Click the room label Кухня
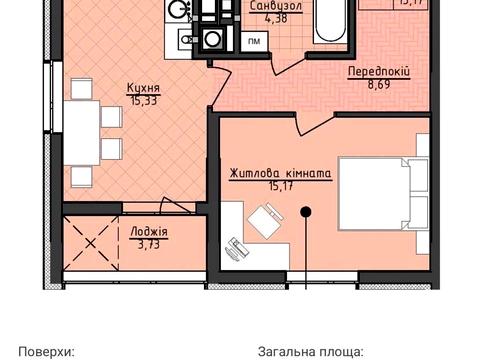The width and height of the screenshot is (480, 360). pyautogui.click(x=144, y=89)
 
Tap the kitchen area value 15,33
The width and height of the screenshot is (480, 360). pyautogui.click(x=144, y=100)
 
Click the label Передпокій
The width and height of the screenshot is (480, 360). pyautogui.click(x=379, y=72)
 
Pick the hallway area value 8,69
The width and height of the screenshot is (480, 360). pyautogui.click(x=379, y=87)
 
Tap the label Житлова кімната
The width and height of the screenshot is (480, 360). pyautogui.click(x=281, y=172)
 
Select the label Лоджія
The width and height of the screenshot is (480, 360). pyautogui.click(x=149, y=232)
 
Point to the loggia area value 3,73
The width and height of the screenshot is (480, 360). pyautogui.click(x=149, y=243)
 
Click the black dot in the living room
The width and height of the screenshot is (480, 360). pyautogui.click(x=308, y=210)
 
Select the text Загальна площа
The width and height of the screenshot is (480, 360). pyautogui.click(x=311, y=351)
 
